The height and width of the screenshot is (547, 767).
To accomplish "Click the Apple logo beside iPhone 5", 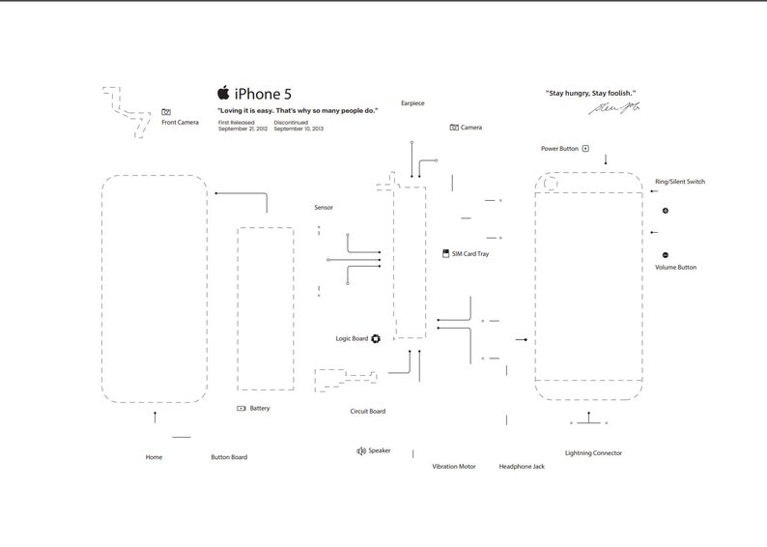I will (x=223, y=93).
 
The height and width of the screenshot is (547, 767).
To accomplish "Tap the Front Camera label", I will (x=181, y=123).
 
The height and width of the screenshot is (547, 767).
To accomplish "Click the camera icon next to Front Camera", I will (x=166, y=113).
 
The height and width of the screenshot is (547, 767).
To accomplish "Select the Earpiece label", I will (x=412, y=103).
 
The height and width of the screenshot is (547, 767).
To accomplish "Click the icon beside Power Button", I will (x=585, y=149).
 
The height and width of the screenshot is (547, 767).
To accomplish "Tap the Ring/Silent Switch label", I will (x=680, y=182).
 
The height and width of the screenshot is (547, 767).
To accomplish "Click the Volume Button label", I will (x=675, y=267).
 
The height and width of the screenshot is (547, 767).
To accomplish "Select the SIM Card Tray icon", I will (x=444, y=253).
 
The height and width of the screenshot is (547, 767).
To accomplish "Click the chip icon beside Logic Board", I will (x=376, y=339).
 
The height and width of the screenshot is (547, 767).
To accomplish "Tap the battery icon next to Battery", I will (x=241, y=409).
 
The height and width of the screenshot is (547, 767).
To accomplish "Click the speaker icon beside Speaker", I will (x=360, y=450).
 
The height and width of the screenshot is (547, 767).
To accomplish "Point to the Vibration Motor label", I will (x=454, y=467).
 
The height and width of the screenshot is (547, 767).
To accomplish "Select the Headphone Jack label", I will (x=522, y=467).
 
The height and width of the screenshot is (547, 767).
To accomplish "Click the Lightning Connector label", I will (x=593, y=452).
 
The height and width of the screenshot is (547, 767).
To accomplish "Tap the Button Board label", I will (x=229, y=457).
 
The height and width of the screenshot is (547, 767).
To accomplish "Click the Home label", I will (x=154, y=457).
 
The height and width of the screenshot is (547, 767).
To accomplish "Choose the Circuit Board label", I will (x=367, y=412).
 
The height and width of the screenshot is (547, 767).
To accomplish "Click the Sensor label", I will (x=324, y=208).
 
